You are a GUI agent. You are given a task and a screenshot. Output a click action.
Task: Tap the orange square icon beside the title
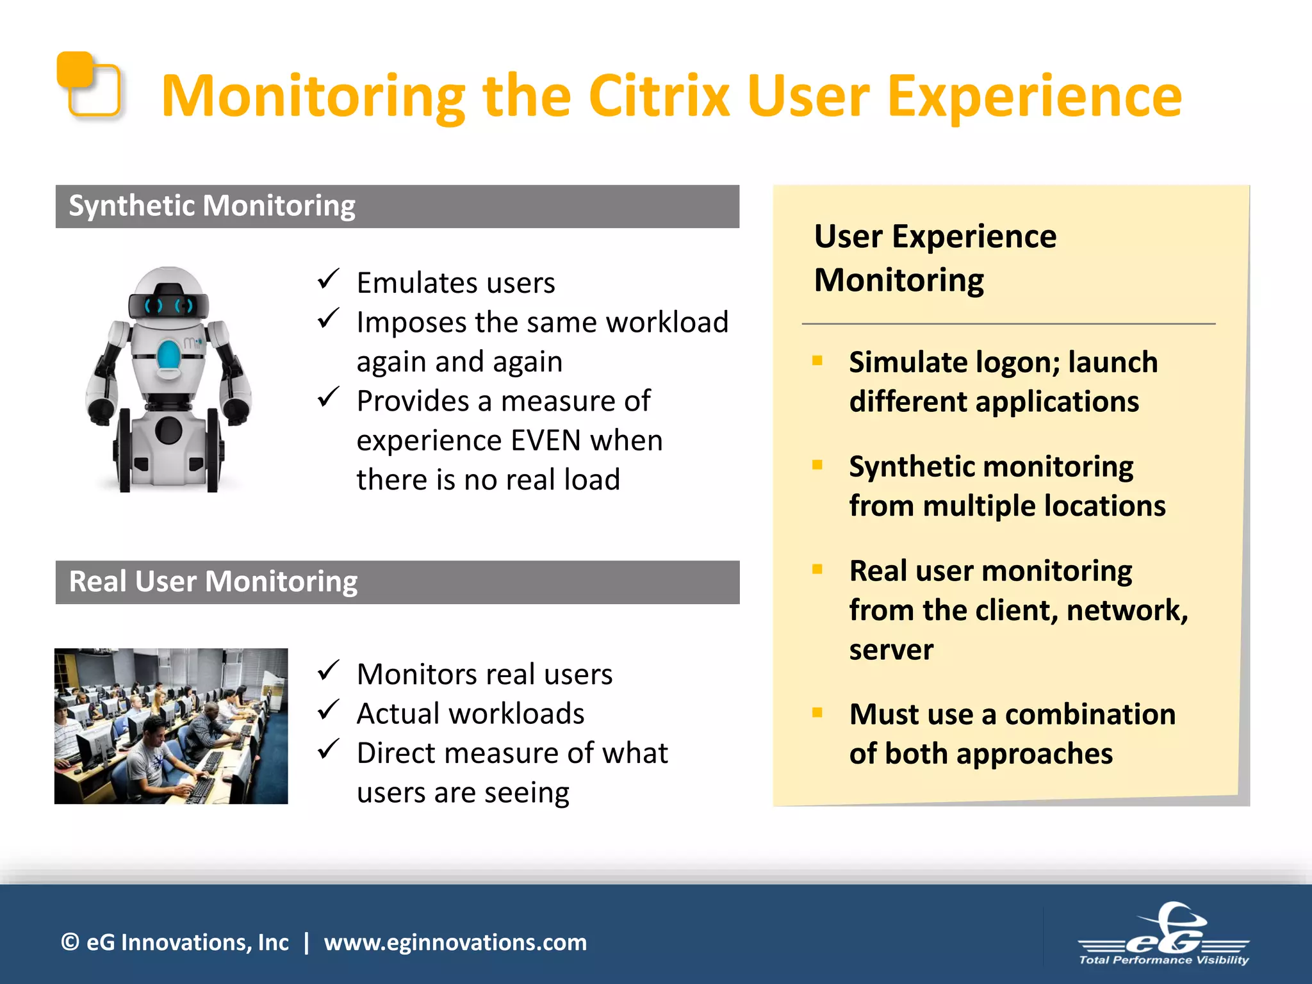pos(88,85)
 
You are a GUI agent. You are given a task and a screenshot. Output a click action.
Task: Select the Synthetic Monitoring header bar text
pos(211,206)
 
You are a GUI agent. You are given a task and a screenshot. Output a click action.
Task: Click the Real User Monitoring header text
pos(213,582)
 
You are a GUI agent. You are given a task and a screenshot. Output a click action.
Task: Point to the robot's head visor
pos(168,305)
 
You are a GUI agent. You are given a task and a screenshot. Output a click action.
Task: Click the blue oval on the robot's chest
pos(169,356)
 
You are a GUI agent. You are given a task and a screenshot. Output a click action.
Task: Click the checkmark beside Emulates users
pos(328,279)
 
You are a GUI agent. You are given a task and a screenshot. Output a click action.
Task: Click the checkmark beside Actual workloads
pos(328,710)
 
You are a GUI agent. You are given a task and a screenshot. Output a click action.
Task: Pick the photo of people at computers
pos(171,726)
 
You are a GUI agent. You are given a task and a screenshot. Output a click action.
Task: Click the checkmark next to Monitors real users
pos(328,671)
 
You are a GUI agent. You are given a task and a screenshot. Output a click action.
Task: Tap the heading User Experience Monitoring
pos(935,258)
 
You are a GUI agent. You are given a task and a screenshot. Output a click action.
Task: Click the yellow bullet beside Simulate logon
pos(817,361)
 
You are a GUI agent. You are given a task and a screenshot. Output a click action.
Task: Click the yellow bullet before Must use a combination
pos(817,712)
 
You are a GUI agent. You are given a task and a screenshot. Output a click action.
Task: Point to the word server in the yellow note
pos(891,650)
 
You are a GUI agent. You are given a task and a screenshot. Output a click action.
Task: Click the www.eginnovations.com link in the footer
pos(455,942)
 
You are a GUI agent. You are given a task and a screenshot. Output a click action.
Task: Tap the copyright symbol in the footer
pos(70,942)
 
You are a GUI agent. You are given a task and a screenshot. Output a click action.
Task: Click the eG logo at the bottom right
pos(1163,935)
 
